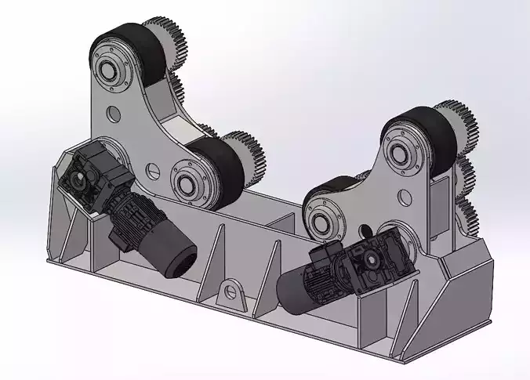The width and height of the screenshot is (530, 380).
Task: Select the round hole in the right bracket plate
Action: click(x=405, y=196)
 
